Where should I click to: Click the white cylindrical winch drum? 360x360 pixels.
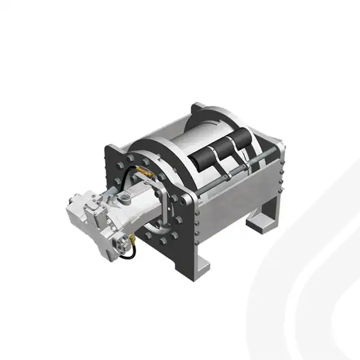[x=180, y=144]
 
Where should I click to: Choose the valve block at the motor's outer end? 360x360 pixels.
[x=90, y=213]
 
